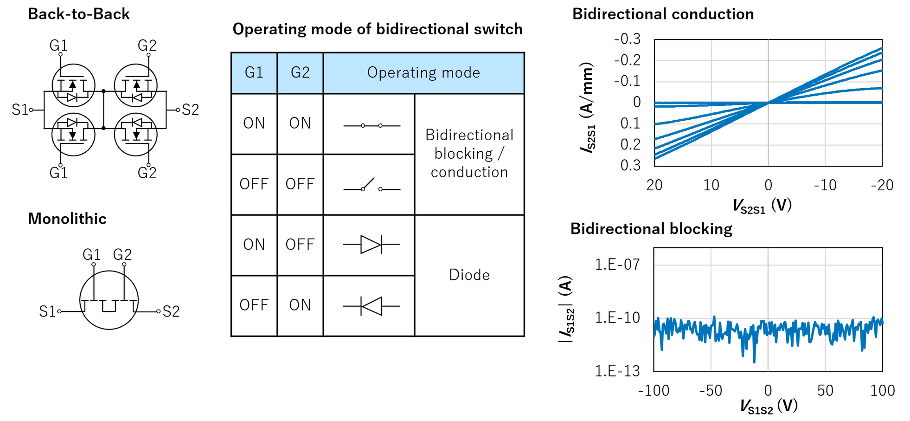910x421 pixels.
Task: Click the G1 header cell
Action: [x=254, y=73]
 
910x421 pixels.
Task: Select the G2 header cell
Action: [x=300, y=73]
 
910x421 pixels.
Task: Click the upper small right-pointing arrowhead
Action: [x=71, y=97]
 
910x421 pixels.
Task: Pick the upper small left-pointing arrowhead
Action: [x=138, y=97]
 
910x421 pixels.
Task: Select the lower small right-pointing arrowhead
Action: [x=71, y=123]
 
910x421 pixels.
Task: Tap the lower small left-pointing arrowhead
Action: [x=138, y=123]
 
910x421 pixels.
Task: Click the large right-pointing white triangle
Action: [x=370, y=245]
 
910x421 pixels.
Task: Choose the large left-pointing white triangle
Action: [x=373, y=306]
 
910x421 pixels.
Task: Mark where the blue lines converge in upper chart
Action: [x=768, y=103]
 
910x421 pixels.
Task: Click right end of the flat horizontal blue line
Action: [x=883, y=102]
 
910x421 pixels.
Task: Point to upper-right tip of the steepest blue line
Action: [x=883, y=47]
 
